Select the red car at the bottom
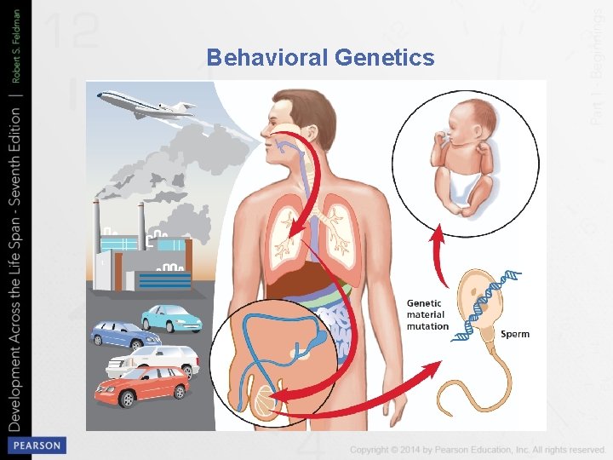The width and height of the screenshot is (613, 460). click(142, 388)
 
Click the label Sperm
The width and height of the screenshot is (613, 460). click(514, 334)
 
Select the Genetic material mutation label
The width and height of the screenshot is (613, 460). click(427, 314)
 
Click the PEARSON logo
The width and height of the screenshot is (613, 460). click(36, 446)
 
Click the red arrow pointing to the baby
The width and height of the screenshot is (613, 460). click(438, 256)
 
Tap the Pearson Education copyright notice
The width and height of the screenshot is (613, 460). click(477, 449)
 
